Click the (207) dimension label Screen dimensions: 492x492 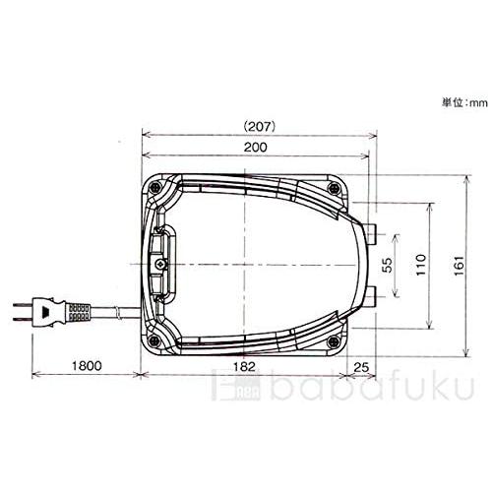260,127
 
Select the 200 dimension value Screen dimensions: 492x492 256,148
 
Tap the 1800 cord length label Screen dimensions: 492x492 87,365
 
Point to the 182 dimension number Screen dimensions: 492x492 244,366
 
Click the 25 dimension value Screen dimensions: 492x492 361,367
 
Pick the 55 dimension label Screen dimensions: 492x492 388,265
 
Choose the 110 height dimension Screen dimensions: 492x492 421,265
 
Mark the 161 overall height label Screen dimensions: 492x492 460,266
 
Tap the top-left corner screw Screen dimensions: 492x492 154,188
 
